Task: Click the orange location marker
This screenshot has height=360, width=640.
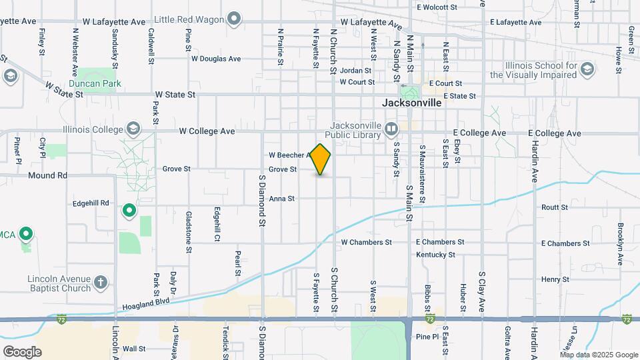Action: pos(321,159)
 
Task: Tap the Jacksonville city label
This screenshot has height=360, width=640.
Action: pos(412,103)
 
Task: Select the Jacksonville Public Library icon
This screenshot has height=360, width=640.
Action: pos(391,127)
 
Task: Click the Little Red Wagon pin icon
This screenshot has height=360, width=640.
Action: pos(233,19)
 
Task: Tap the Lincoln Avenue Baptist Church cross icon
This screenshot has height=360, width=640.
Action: pos(101,283)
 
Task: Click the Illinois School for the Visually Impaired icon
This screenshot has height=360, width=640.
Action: pos(587,69)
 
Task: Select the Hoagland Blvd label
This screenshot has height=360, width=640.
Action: pos(147,305)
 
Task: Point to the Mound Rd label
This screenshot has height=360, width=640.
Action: pos(48,175)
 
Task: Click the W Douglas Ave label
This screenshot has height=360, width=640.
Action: pos(215,59)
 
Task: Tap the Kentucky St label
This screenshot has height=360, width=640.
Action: pos(435,255)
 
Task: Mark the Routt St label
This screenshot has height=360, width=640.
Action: pos(555,207)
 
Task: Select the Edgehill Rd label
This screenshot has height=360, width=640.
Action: pos(91,203)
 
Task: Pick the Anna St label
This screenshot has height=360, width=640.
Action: pos(282,199)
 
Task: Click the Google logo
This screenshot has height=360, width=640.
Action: pos(22,351)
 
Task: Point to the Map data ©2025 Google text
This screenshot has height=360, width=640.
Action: pos(598,355)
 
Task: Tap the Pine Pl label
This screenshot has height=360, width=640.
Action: pos(427,337)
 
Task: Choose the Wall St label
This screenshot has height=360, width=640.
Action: pos(133,348)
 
